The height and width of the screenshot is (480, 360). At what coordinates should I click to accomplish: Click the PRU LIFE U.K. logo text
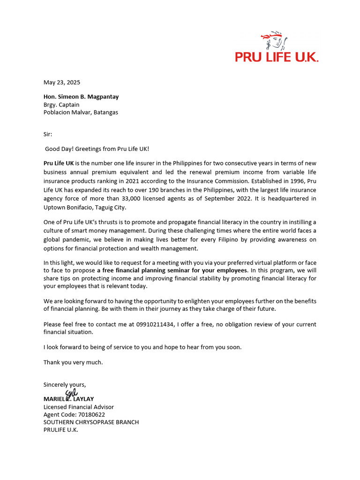277,57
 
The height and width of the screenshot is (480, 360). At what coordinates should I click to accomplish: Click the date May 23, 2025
62,82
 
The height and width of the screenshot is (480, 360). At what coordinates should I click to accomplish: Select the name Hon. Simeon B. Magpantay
81,97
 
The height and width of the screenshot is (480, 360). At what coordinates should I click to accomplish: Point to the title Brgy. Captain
61,105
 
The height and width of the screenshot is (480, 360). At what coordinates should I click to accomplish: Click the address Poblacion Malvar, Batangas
81,112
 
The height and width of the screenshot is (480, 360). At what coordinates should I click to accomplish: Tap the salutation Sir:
48,134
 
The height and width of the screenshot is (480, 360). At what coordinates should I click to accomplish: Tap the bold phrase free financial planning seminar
155,271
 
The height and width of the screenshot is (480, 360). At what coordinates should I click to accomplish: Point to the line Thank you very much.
73,362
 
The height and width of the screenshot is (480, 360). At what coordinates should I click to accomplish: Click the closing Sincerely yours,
65,385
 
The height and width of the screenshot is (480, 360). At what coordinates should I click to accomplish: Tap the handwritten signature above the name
71,394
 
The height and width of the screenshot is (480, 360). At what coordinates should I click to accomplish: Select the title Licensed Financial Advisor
79,407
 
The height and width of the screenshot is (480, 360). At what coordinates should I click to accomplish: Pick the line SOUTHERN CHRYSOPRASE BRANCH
91,422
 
